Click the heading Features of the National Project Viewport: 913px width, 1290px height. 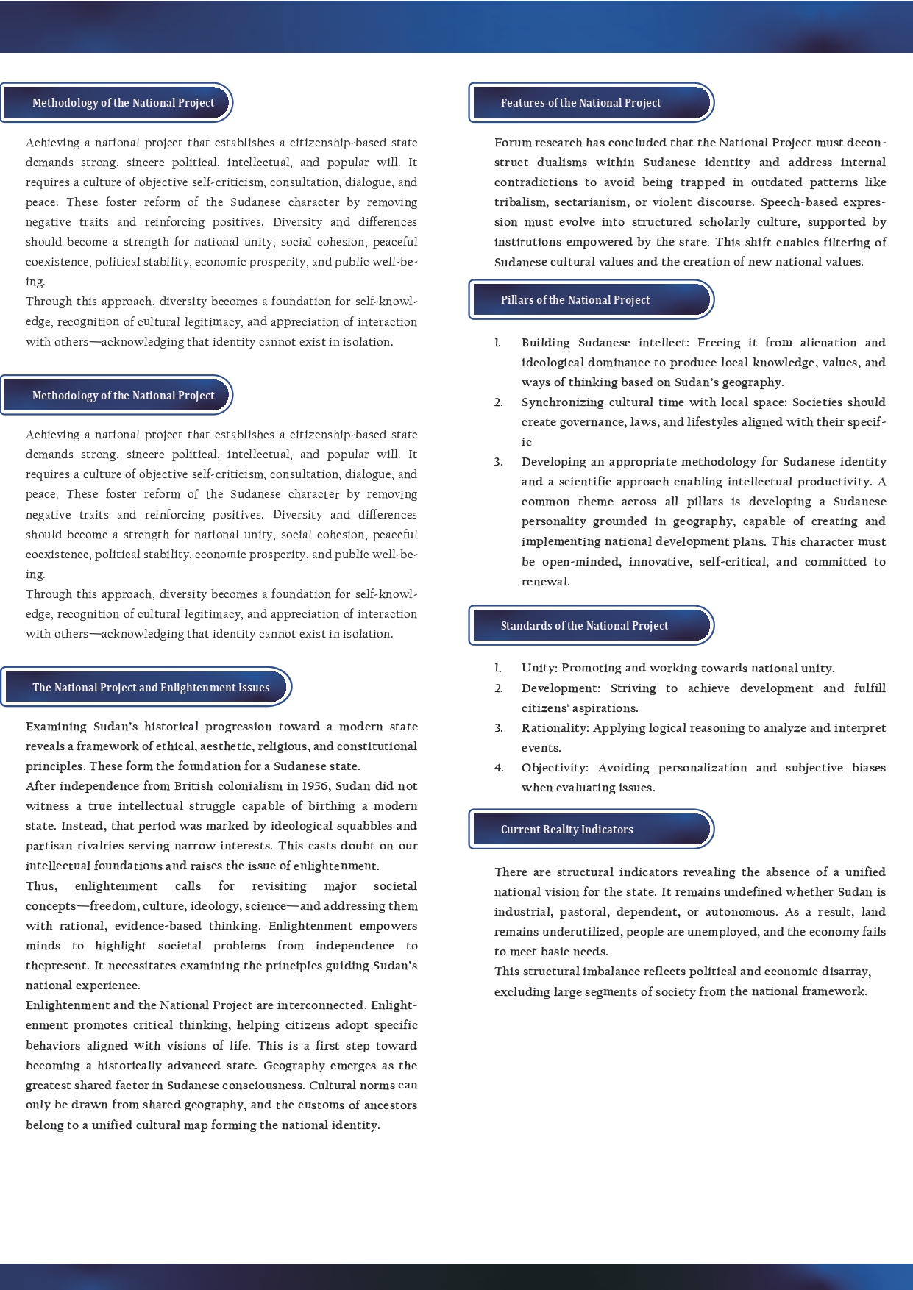click(580, 103)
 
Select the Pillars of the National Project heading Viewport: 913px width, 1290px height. click(575, 300)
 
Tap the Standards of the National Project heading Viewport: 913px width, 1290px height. click(584, 626)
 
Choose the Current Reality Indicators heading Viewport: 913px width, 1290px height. click(566, 830)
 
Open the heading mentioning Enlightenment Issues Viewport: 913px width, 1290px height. click(151, 688)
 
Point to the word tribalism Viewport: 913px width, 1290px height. click(521, 202)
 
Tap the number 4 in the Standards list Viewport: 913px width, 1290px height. click(499, 768)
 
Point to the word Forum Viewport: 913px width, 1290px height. click(512, 143)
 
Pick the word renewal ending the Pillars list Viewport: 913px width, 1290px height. click(544, 582)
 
